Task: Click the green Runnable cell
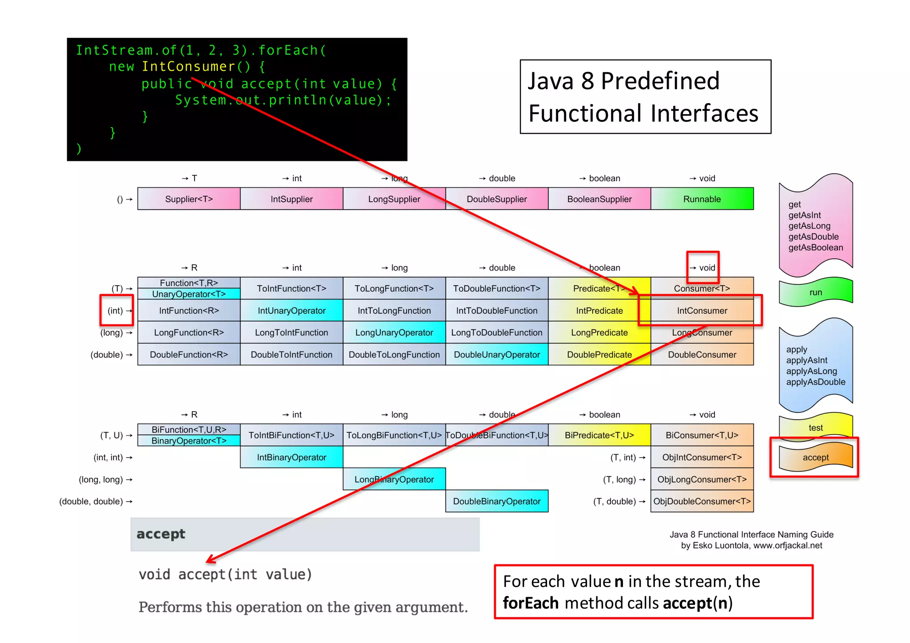click(702, 199)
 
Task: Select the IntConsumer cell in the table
click(702, 311)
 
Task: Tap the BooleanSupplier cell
click(599, 199)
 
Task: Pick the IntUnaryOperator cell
click(291, 311)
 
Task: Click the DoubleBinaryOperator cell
click(496, 501)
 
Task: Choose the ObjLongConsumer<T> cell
click(702, 479)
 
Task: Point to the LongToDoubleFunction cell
click(496, 332)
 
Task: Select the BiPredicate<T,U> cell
click(599, 435)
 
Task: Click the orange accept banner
click(815, 457)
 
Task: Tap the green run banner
click(815, 292)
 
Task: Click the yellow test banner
click(815, 427)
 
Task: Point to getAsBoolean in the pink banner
click(815, 248)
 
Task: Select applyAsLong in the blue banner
click(811, 371)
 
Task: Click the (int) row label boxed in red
click(116, 311)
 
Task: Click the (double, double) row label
click(91, 501)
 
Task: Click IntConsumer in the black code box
click(188, 67)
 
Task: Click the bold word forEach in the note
click(531, 603)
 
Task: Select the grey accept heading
click(161, 534)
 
